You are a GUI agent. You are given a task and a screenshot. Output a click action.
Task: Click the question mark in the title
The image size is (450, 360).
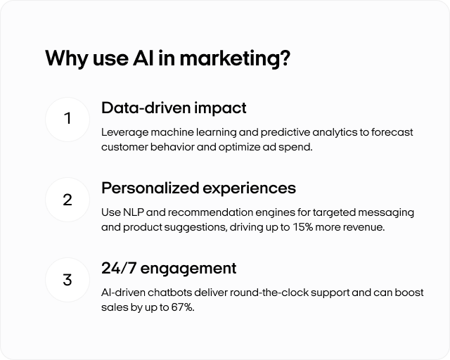[x=284, y=58]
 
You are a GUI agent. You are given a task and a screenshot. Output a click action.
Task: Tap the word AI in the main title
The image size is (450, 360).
[x=143, y=58]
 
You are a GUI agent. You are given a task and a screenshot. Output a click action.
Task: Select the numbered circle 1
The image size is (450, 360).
[x=67, y=119]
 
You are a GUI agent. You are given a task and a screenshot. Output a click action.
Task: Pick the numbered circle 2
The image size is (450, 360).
[x=67, y=200]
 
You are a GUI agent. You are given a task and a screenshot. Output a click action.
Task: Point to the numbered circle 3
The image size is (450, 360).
[x=67, y=280]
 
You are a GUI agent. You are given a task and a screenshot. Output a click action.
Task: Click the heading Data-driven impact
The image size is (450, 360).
[x=174, y=108]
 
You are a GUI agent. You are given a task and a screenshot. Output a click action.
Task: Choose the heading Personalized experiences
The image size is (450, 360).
[x=198, y=188]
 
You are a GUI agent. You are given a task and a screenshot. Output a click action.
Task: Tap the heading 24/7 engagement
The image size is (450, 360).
[x=169, y=269]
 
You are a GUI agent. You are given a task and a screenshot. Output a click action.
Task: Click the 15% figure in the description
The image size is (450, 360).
[x=303, y=227]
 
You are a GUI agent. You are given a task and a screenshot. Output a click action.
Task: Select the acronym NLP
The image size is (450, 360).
[x=134, y=212]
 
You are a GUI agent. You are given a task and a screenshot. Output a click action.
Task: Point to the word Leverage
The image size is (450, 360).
[x=125, y=133]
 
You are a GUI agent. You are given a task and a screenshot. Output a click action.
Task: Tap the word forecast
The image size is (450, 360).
[x=392, y=132]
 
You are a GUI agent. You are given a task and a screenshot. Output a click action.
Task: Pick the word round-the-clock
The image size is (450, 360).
[x=269, y=292]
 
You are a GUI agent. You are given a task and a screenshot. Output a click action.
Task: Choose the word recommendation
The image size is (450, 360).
[x=210, y=212]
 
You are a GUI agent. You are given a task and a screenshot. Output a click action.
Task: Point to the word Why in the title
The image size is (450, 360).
[x=67, y=59]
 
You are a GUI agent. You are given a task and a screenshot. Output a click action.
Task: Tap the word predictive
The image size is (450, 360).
[x=285, y=133]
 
